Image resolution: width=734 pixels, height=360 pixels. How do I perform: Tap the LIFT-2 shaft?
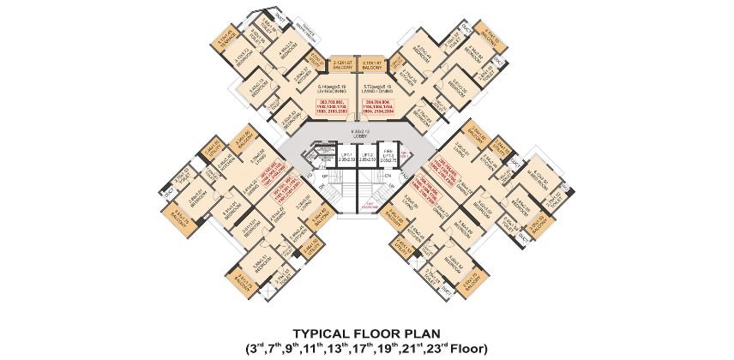tap(368, 157)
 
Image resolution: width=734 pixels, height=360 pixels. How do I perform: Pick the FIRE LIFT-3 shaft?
tap(389, 156)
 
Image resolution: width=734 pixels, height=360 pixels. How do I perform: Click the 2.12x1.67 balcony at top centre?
tap(343, 63)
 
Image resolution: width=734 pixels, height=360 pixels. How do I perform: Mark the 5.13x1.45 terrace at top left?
tap(227, 40)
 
